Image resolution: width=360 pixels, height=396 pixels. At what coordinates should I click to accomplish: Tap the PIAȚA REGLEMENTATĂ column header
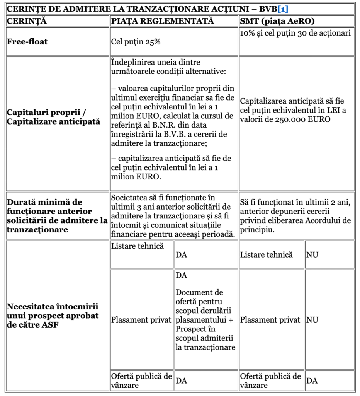point(162,21)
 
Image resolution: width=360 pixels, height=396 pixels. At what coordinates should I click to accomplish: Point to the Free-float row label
point(27,42)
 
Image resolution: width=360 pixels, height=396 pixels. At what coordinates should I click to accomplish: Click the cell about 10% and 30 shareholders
point(295,33)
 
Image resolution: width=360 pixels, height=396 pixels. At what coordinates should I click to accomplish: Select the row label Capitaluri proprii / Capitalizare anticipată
point(51,117)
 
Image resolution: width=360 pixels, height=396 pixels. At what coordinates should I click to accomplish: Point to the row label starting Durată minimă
point(57,216)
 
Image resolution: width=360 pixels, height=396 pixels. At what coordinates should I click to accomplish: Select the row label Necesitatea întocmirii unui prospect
point(53,316)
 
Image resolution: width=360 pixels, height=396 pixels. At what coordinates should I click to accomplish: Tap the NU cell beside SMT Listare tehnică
point(312,255)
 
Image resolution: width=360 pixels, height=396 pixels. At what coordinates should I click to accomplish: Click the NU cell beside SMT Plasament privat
point(312,320)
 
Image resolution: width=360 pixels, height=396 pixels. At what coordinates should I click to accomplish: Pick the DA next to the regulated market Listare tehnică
point(181,255)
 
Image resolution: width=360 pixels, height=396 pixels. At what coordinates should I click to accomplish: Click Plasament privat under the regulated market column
point(141,320)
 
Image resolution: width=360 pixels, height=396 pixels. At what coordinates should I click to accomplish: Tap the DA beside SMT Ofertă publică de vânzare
point(312,381)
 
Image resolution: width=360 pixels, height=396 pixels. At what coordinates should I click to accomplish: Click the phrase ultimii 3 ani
point(131,207)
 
